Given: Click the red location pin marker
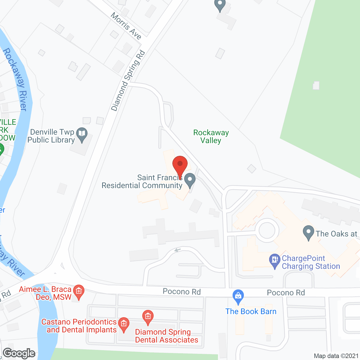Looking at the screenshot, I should coord(180,165).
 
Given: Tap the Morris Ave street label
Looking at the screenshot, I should coord(126,26).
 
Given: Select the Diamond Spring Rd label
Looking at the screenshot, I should coord(128,80).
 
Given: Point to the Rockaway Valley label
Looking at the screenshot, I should coord(211,136).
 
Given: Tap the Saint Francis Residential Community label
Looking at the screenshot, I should coord(142,182).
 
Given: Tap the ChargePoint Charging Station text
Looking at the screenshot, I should coord(311,262).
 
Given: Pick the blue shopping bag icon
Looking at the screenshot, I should coord(238,296).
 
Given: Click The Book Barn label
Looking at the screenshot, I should coord(251,311).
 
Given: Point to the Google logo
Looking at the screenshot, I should coord(19,353).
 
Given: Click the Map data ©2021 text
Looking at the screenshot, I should coord(336,356).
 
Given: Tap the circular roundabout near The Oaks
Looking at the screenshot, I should coord(267,230).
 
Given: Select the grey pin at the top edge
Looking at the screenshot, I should coord(220,5).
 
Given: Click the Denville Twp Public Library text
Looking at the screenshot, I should coord(51,136).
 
